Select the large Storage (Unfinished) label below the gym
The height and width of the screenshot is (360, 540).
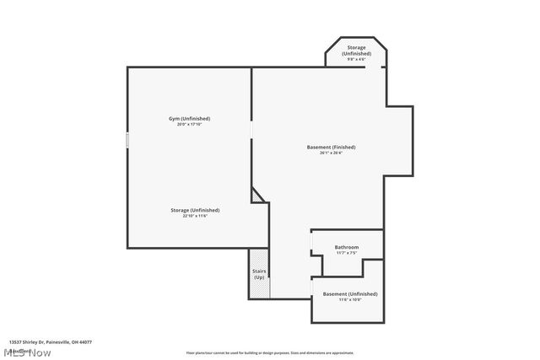pyautogui.click(x=194, y=210)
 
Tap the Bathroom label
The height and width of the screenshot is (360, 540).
pyautogui.click(x=346, y=247)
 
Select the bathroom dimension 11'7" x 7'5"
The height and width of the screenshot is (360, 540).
pyautogui.click(x=346, y=253)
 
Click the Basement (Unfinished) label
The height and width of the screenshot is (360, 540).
pyautogui.click(x=349, y=293)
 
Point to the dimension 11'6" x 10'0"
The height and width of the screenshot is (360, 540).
pyautogui.click(x=349, y=299)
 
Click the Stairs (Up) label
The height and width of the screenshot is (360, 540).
pyautogui.click(x=259, y=274)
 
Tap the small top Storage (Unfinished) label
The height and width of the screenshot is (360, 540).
pyautogui.click(x=356, y=51)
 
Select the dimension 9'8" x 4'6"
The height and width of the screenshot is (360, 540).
pyautogui.click(x=356, y=59)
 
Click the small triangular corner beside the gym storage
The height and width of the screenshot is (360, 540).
pyautogui.click(x=256, y=196)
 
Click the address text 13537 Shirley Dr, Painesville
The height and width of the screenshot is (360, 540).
pyautogui.click(x=51, y=342)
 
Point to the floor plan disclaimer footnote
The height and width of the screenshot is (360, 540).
pyautogui.click(x=270, y=352)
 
